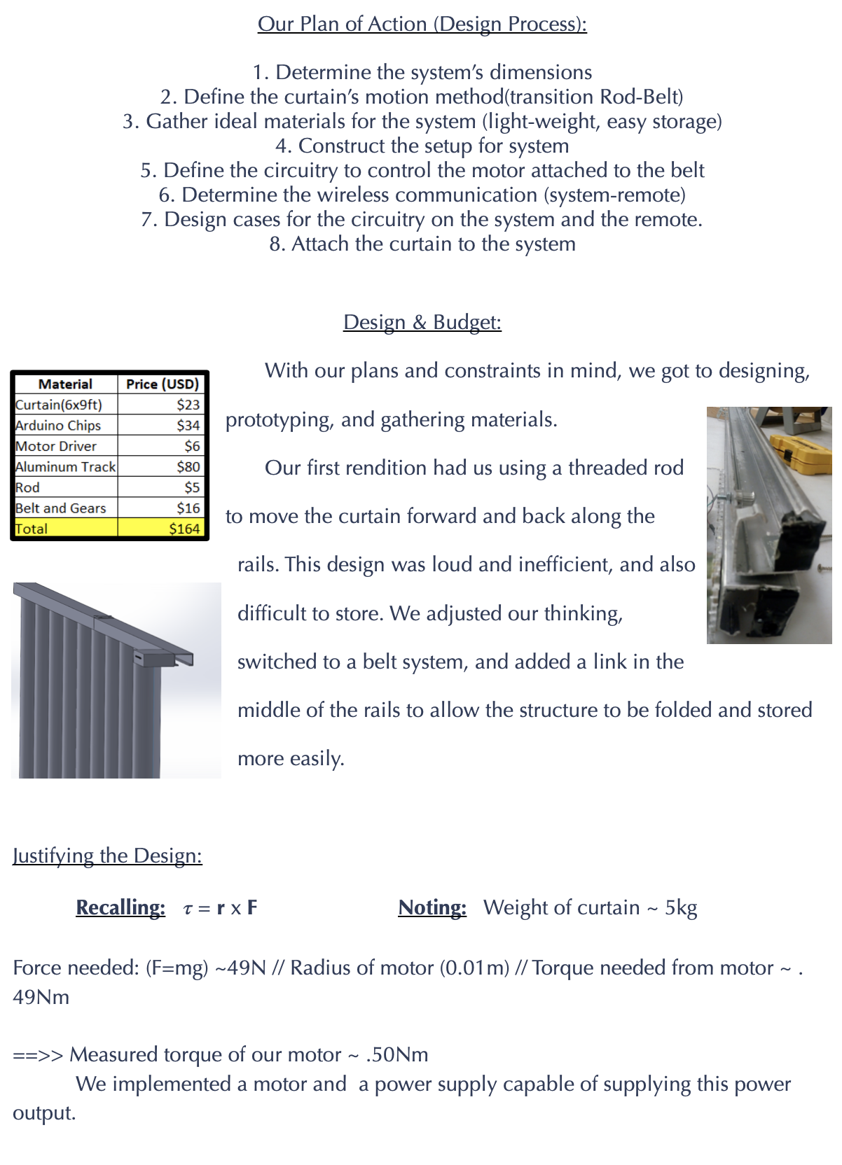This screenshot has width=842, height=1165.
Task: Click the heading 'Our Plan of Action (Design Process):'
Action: click(x=422, y=24)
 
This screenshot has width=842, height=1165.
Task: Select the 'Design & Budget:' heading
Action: click(x=422, y=322)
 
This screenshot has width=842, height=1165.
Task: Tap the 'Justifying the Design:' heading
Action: click(x=107, y=856)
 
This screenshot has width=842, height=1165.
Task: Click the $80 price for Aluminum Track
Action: click(x=188, y=467)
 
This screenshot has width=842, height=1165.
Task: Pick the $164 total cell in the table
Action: click(x=184, y=529)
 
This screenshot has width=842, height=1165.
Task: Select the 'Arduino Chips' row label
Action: click(x=58, y=426)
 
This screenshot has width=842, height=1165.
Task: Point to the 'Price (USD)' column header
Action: click(x=162, y=384)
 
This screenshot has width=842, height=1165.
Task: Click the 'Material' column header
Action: click(x=65, y=384)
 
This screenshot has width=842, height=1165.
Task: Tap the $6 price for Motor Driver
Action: click(x=192, y=446)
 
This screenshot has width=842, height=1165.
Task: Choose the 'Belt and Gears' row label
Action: click(x=61, y=508)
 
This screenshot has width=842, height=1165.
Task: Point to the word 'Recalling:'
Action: click(x=120, y=907)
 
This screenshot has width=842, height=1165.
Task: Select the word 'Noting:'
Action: click(x=432, y=907)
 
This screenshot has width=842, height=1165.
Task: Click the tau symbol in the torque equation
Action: click(x=187, y=909)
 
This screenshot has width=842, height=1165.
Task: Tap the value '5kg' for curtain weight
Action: click(x=681, y=908)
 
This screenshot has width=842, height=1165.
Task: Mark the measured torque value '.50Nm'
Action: click(x=396, y=1054)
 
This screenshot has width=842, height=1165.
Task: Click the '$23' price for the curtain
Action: click(x=188, y=405)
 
